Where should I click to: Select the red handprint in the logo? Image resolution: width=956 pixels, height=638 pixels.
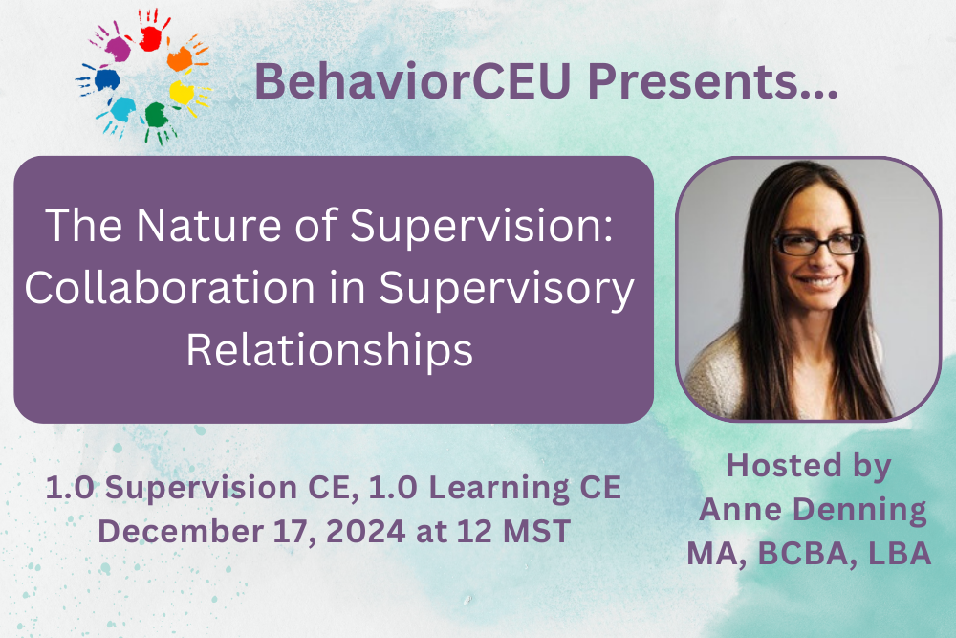click(x=150, y=35)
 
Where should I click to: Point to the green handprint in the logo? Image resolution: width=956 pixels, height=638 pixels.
click(x=153, y=117)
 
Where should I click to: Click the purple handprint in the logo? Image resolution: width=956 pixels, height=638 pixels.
click(x=117, y=48)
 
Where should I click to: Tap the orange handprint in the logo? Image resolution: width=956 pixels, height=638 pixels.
click(x=181, y=57)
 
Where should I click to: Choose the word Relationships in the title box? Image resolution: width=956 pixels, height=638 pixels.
click(x=330, y=351)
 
